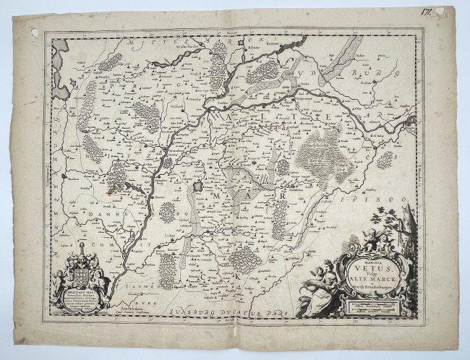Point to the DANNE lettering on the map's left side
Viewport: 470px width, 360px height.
coord(86,215)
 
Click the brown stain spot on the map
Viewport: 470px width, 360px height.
coord(110,192)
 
